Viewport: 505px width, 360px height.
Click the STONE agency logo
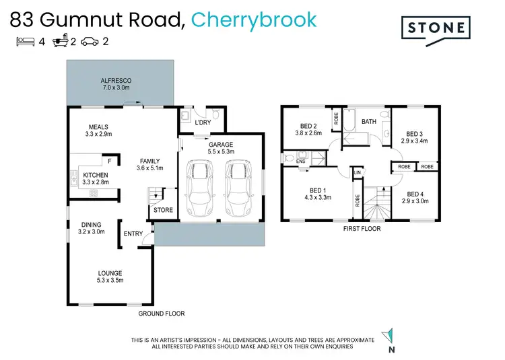coord(436,28)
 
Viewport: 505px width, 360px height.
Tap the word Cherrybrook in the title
coord(254,19)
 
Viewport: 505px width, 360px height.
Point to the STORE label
coord(163,210)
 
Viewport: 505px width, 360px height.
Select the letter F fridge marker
coord(110,161)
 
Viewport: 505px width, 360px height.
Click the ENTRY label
coord(133,234)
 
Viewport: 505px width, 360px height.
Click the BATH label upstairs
coord(369,122)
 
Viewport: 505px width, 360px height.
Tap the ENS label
coord(302,161)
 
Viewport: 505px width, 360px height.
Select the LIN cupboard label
coord(358,172)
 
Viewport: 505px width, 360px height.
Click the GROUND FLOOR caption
coord(162,314)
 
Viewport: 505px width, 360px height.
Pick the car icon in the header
coord(90,42)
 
